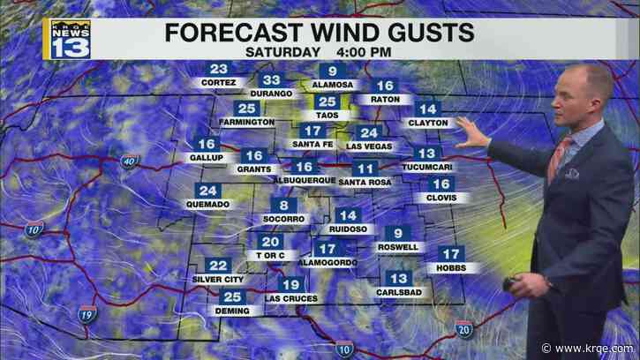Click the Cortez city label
[218, 82]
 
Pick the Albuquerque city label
[305, 181]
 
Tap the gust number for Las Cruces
[290, 284]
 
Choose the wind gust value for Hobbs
[451, 254]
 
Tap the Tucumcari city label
[425, 166]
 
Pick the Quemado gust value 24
[208, 191]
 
